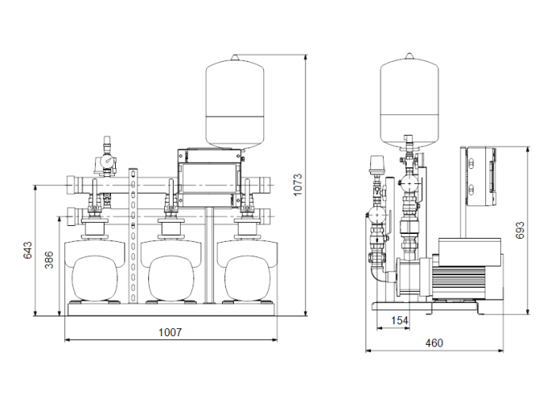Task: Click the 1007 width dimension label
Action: (169, 332)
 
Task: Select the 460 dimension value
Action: (433, 343)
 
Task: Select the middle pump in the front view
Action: (171, 274)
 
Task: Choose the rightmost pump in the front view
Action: (247, 274)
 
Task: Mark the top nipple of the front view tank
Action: (235, 55)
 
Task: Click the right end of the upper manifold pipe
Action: (268, 186)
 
